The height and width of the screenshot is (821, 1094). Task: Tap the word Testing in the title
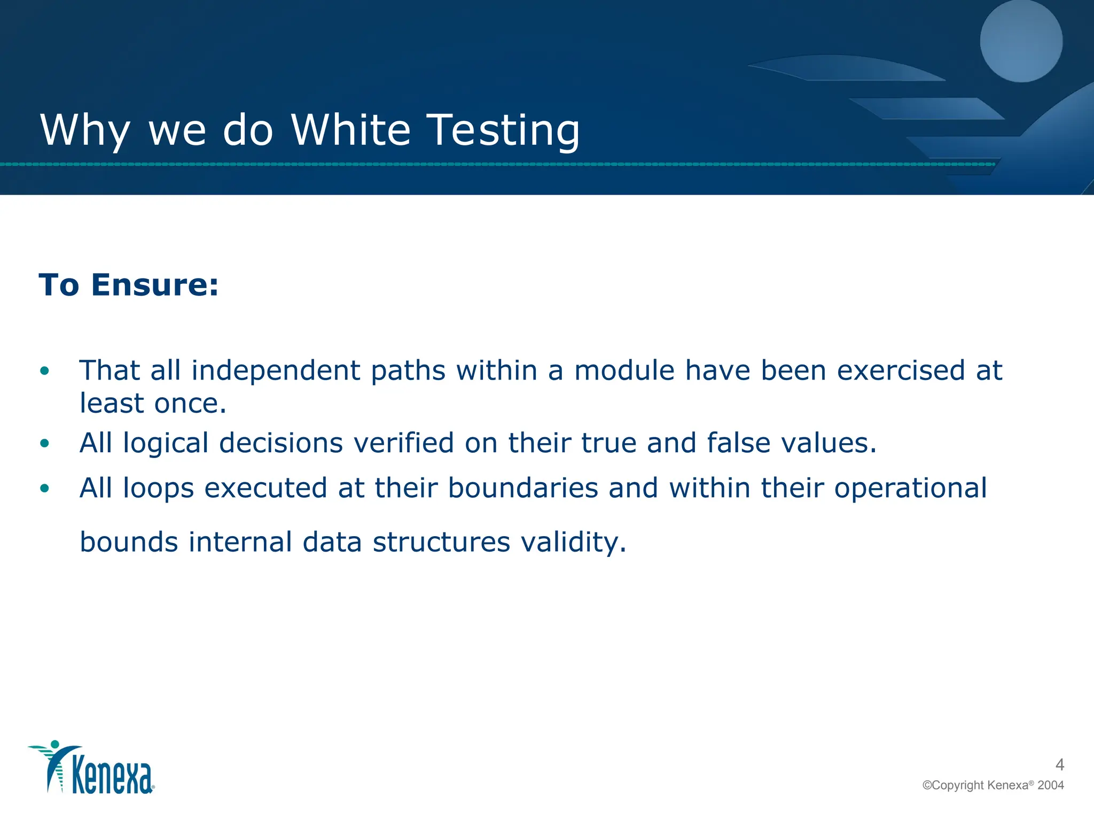tap(504, 131)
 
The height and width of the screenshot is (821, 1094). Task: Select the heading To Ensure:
tap(129, 284)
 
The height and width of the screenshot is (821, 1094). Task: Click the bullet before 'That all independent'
tap(45, 370)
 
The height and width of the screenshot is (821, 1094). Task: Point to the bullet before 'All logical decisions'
tap(45, 443)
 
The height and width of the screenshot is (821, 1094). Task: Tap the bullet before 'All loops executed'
tap(45, 488)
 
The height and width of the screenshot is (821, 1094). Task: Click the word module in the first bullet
tap(624, 370)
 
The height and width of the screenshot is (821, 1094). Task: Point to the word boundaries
tap(522, 488)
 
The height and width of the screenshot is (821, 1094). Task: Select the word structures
tap(441, 542)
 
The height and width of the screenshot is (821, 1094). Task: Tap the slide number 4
tap(1060, 765)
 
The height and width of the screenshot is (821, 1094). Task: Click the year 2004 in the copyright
tap(1051, 785)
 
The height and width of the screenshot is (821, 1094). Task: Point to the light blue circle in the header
tap(1021, 41)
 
